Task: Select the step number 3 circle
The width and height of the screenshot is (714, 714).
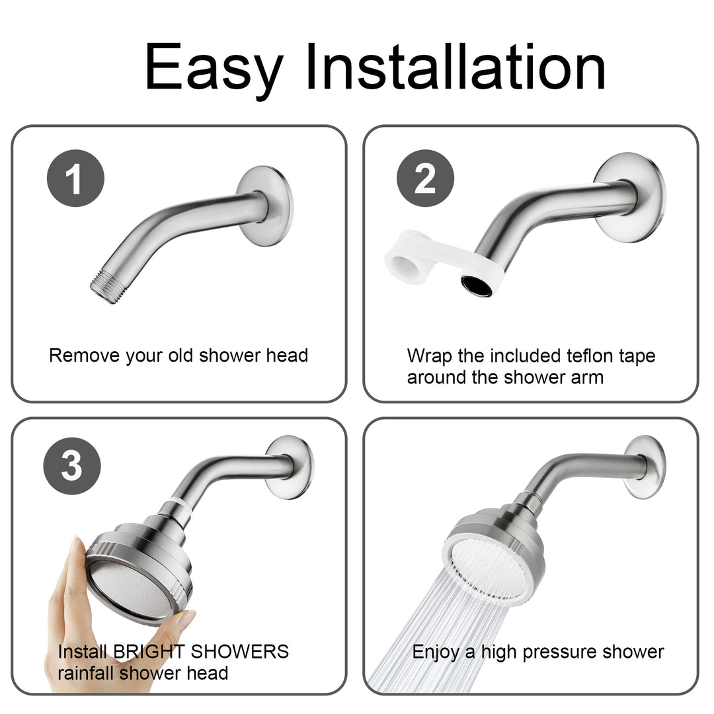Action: click(72, 466)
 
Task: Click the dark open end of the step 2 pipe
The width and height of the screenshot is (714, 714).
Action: click(477, 286)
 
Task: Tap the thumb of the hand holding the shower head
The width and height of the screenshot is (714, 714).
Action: click(184, 618)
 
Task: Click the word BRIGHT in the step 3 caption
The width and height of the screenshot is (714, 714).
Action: click(149, 651)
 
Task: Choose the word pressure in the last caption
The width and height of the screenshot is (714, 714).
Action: click(564, 652)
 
